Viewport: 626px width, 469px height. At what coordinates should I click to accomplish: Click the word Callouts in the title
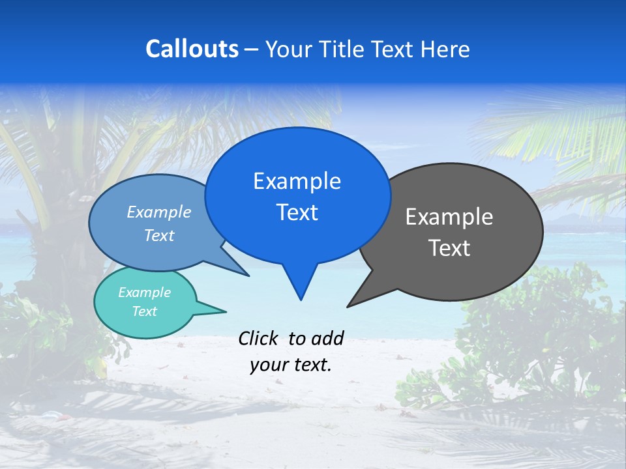(x=192, y=49)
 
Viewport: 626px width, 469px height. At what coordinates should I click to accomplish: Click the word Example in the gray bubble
(x=449, y=217)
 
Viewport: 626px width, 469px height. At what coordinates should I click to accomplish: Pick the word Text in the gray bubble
(x=449, y=248)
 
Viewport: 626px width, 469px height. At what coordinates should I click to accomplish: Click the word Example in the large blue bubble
(x=297, y=181)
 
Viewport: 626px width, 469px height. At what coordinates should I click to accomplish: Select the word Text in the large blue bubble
(x=297, y=212)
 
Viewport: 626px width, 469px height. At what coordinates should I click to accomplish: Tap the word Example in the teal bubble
(x=144, y=292)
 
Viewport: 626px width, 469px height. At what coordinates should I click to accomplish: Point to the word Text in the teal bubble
(x=144, y=311)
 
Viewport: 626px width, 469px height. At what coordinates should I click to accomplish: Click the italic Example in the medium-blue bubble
(x=158, y=212)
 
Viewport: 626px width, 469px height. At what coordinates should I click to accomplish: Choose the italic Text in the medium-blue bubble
(x=158, y=236)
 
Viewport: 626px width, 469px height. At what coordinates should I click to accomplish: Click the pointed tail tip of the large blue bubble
(x=301, y=299)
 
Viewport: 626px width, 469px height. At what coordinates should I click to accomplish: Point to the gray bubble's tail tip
(x=348, y=306)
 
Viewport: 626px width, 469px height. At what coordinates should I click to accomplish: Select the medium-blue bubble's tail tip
(x=248, y=275)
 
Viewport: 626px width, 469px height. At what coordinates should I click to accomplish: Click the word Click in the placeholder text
(x=258, y=338)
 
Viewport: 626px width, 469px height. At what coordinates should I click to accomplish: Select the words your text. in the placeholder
(x=290, y=365)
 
